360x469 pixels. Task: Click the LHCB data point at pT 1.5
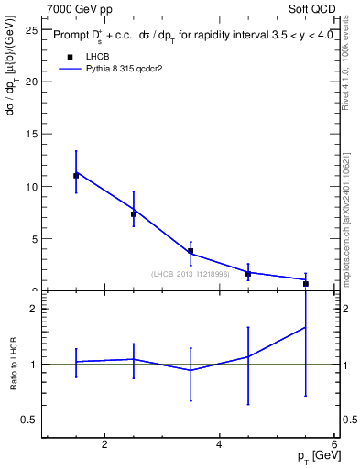click(x=76, y=175)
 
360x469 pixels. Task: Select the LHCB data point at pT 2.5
click(x=134, y=214)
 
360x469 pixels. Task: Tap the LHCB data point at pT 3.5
click(x=191, y=251)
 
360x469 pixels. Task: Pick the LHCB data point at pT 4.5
click(x=248, y=273)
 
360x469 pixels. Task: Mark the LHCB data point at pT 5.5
click(x=306, y=284)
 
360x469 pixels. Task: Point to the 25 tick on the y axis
click(x=30, y=29)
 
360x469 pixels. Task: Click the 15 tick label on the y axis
click(x=30, y=134)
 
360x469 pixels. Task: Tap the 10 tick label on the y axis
click(x=30, y=186)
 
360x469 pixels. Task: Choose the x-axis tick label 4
click(x=219, y=444)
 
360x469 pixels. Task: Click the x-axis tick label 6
click(x=334, y=444)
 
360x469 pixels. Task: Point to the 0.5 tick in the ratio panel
click(x=28, y=420)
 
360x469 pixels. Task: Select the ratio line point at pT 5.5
click(x=306, y=327)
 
